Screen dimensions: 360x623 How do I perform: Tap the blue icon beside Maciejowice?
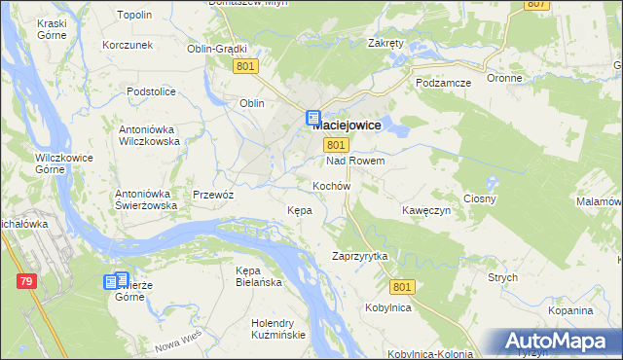point(313,120)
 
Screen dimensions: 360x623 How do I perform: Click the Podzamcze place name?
point(443,83)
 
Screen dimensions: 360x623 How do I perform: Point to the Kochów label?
point(331,185)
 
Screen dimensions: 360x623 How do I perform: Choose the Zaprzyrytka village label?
point(360,256)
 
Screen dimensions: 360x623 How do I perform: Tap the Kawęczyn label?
point(426,209)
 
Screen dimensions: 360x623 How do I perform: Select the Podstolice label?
point(151,91)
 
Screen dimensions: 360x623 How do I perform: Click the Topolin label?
point(134,16)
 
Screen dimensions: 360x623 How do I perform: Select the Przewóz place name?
point(214,194)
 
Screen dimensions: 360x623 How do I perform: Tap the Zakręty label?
point(386,43)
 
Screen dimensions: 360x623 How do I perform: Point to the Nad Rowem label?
point(355,161)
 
